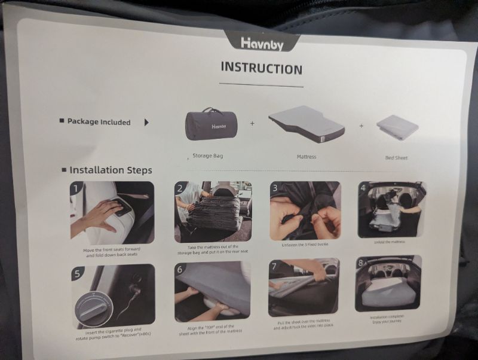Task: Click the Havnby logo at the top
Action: [261, 42]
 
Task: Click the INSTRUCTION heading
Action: [261, 68]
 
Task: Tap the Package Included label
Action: [99, 121]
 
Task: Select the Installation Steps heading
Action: [111, 170]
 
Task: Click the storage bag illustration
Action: [212, 127]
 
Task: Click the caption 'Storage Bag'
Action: [207, 155]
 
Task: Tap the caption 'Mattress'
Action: [306, 157]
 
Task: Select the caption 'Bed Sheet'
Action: [397, 158]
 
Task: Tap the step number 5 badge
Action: [78, 274]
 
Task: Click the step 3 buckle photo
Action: [305, 210]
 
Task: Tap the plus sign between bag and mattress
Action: [252, 124]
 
